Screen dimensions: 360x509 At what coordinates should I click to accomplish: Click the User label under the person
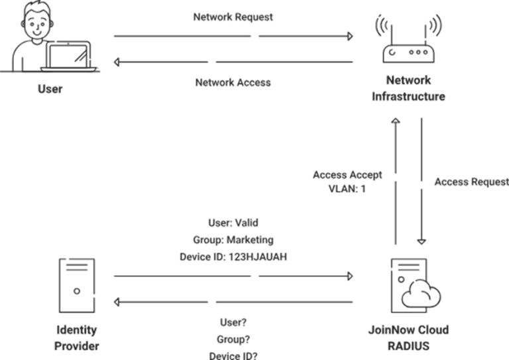click(50, 88)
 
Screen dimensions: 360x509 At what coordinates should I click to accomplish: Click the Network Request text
click(233, 17)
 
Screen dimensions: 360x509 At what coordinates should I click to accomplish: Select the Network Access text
click(233, 83)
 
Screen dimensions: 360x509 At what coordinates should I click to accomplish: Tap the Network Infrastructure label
click(408, 88)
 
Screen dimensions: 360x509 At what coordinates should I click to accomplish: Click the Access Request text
click(471, 182)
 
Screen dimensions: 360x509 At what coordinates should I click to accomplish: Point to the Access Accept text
click(347, 175)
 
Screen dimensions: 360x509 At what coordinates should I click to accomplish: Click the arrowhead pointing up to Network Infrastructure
click(395, 121)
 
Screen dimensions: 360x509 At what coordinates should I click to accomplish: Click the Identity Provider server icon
click(77, 286)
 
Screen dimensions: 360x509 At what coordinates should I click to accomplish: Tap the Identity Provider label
click(77, 337)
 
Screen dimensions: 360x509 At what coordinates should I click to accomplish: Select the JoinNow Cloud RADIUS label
click(408, 337)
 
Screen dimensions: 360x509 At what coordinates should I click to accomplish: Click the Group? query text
click(233, 339)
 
